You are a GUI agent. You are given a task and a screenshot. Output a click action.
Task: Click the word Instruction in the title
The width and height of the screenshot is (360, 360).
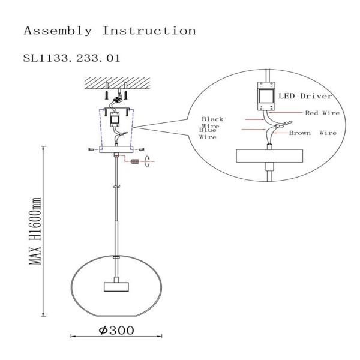(x=149, y=30)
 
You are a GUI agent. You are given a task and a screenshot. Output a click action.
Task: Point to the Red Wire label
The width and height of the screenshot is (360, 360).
(x=322, y=112)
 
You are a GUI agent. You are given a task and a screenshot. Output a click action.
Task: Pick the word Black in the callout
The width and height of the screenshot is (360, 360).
(x=212, y=119)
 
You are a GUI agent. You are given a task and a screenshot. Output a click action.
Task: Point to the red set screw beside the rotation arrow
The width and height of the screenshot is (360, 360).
(x=135, y=161)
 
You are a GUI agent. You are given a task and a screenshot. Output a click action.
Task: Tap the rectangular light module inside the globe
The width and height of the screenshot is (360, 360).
(x=116, y=286)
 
